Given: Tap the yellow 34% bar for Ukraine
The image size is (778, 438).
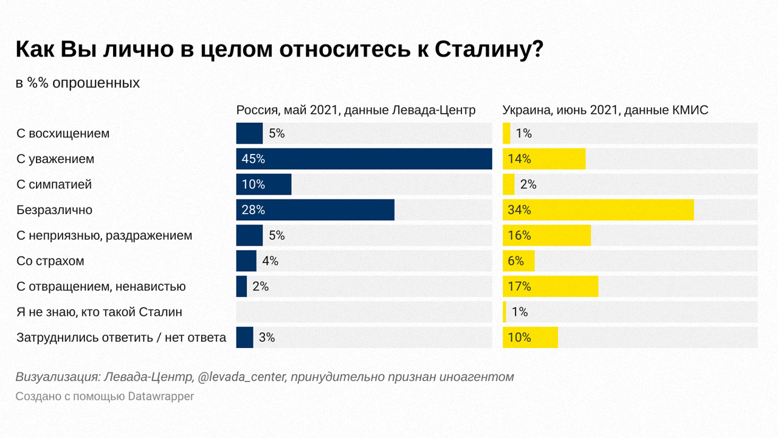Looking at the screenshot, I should [598, 210].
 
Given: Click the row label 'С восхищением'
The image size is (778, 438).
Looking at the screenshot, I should [63, 133].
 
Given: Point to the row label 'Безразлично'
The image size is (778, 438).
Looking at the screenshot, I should [55, 210].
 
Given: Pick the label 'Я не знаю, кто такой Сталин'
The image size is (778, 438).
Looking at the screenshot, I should [100, 312].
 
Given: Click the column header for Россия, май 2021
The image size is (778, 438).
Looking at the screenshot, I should [356, 110].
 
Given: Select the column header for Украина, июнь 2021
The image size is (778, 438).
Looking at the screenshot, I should [605, 110].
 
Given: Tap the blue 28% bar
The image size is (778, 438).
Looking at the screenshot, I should [315, 210].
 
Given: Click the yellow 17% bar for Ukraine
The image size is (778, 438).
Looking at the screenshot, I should [550, 287].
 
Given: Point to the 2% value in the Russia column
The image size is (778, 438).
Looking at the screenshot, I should [260, 287].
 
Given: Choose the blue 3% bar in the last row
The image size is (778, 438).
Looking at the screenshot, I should [244, 338].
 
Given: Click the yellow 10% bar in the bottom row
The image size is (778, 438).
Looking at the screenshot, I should [530, 338].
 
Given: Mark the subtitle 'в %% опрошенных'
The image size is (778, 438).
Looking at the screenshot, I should [78, 83].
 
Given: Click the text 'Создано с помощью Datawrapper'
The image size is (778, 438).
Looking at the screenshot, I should [105, 396].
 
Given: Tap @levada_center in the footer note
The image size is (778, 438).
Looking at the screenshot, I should [242, 377].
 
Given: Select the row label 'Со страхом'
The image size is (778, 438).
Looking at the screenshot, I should [50, 261].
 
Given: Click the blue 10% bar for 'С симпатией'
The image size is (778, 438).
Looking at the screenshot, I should [264, 184].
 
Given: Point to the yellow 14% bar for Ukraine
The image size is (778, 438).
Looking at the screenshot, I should [544, 159].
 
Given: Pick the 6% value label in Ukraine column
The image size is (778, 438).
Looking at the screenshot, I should [515, 261].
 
